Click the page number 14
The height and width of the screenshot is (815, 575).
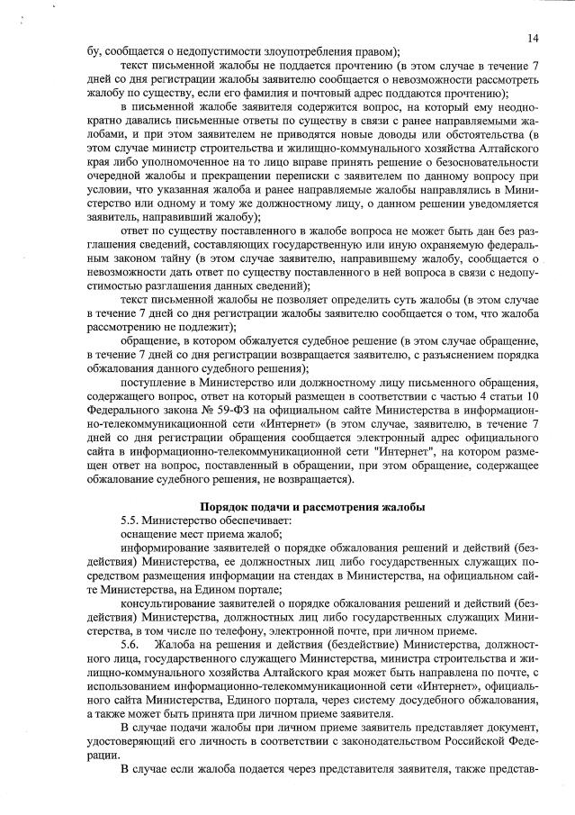[533, 37]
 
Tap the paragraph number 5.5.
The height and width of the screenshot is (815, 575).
[132, 521]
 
